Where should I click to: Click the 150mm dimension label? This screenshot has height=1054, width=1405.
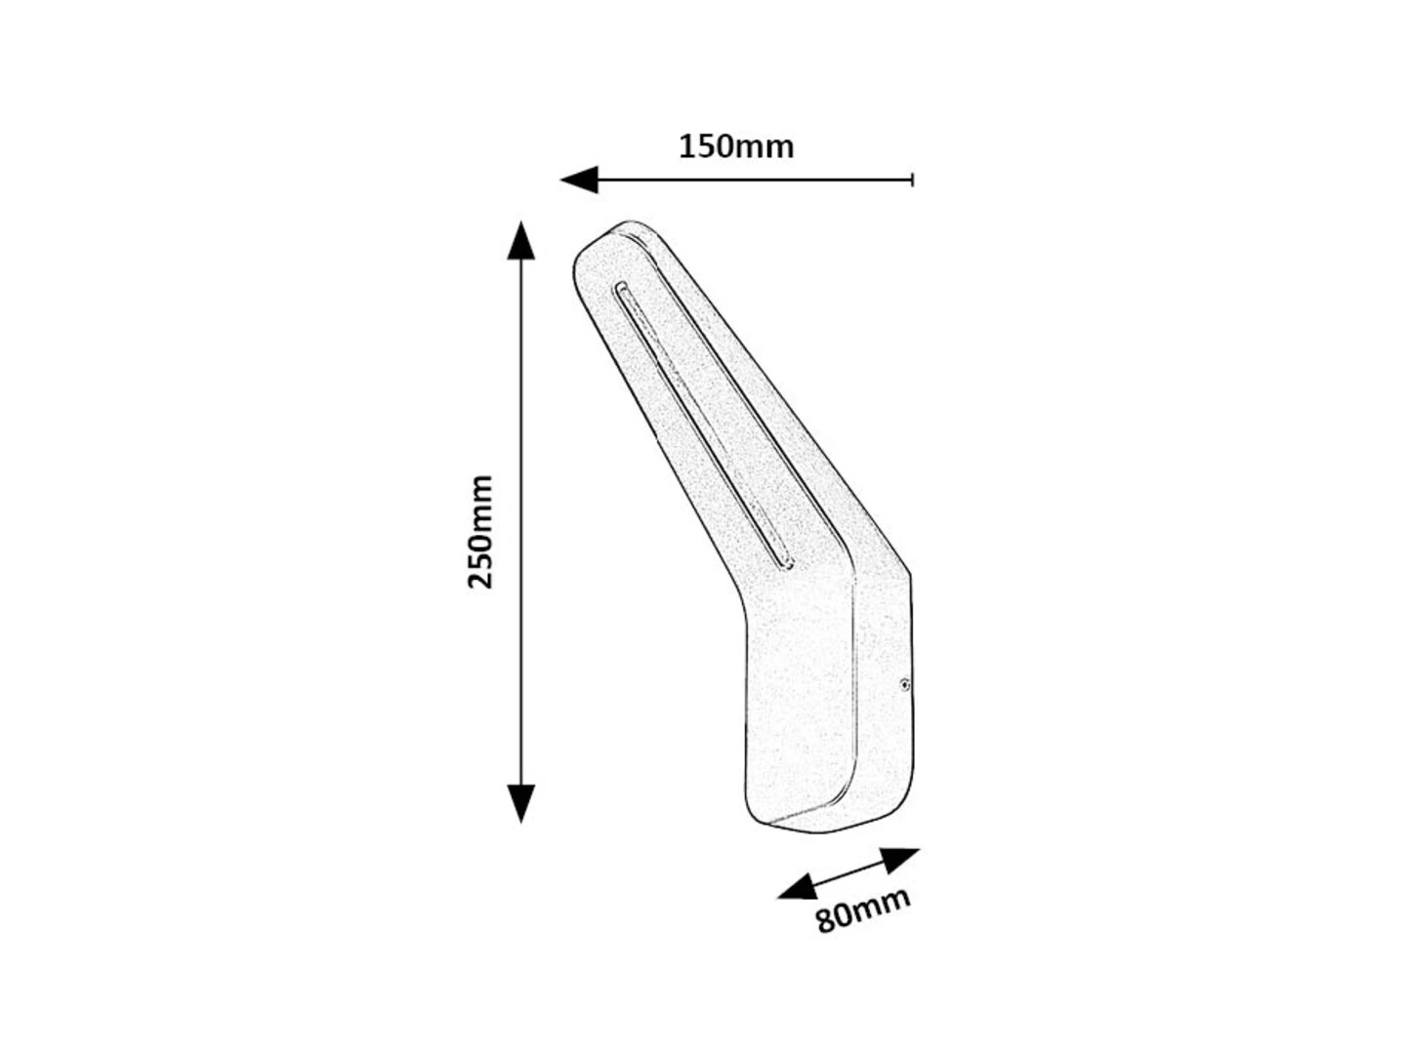(x=735, y=147)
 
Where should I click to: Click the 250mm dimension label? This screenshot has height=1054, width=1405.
(x=480, y=532)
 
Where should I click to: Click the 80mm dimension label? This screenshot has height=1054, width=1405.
(x=863, y=911)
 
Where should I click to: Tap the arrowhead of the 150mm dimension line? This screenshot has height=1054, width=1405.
(x=579, y=180)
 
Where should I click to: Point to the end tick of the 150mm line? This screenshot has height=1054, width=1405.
(x=912, y=180)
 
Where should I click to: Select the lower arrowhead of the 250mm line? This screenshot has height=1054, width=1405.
(x=521, y=804)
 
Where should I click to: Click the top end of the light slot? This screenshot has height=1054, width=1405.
(x=621, y=289)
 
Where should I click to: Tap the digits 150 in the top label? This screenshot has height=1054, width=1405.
(x=705, y=147)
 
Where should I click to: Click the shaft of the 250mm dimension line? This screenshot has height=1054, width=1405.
(x=521, y=522)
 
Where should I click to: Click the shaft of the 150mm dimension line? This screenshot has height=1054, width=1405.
(x=755, y=180)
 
